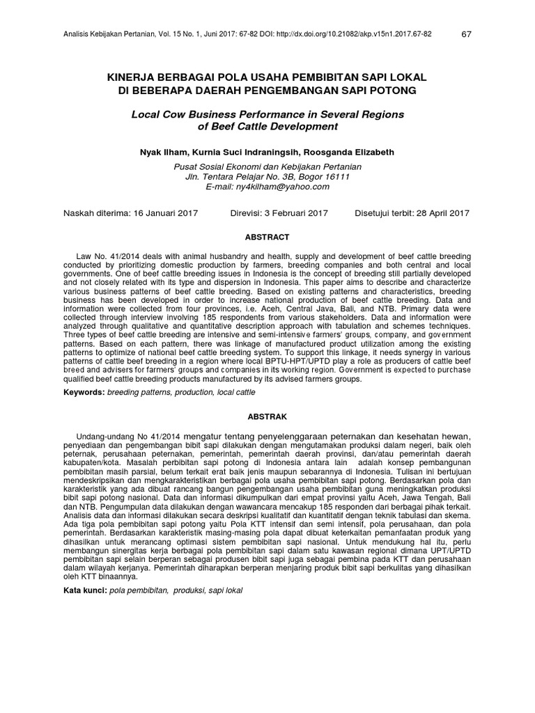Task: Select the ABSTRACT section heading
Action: pos(267,237)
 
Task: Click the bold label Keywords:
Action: pos(84,393)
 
